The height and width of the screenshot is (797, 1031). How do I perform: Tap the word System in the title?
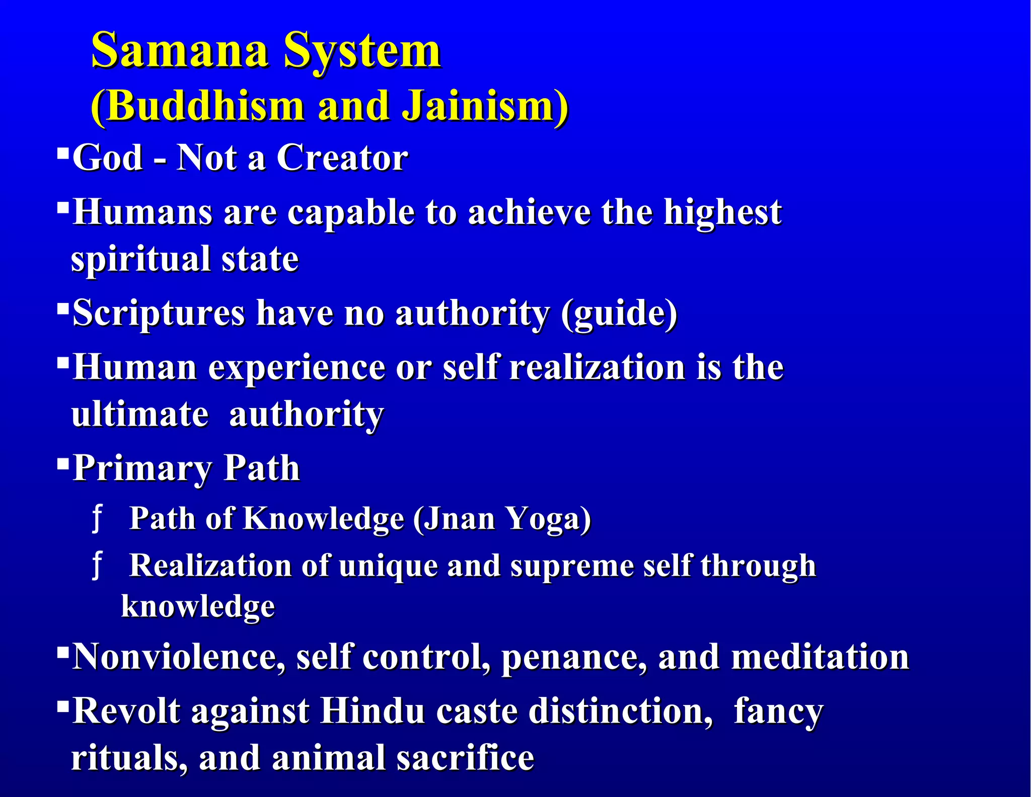(362, 50)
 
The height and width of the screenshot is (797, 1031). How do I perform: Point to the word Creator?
(342, 158)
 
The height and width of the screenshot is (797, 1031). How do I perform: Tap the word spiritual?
(140, 260)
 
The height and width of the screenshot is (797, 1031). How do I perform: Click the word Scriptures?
(159, 314)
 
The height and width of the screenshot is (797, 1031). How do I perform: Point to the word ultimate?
(140, 415)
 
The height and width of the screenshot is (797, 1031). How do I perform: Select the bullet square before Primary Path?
(62, 462)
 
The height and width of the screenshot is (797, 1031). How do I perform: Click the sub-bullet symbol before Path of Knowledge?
(97, 519)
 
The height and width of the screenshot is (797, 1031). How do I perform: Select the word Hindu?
(373, 711)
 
